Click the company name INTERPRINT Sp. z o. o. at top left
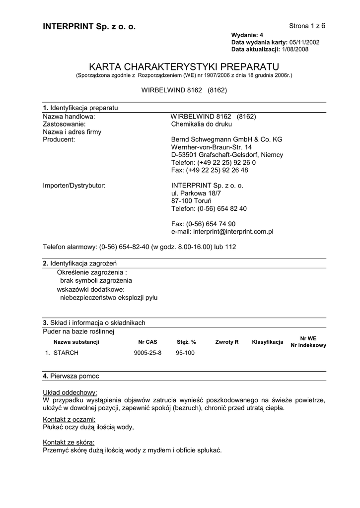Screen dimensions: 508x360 (x=89, y=26)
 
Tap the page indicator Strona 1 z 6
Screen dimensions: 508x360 (x=307, y=25)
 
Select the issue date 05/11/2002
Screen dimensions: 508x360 (x=304, y=42)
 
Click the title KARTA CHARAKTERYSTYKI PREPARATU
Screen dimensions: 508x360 (x=184, y=66)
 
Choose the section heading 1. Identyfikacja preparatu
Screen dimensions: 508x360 (x=80, y=108)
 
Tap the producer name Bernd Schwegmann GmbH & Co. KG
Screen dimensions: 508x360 (x=226, y=139)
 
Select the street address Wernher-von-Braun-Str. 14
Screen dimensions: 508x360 (x=212, y=147)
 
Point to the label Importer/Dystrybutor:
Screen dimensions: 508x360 (x=74, y=186)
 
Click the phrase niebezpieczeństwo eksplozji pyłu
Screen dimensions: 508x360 (x=109, y=298)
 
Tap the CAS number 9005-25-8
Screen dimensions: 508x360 (x=147, y=353)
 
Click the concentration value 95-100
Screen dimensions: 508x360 (x=186, y=353)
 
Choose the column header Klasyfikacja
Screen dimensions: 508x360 (x=268, y=342)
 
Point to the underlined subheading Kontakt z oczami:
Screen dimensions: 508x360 (x=69, y=420)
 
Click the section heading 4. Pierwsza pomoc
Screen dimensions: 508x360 (x=71, y=376)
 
